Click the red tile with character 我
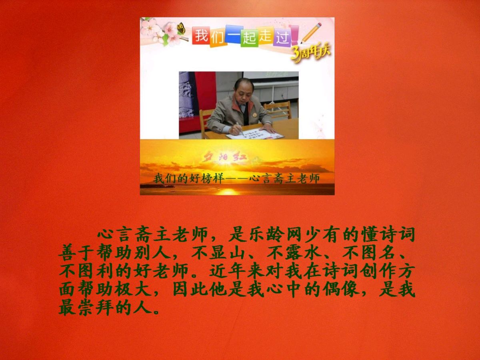pyautogui.click(x=201, y=36)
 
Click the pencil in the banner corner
pyautogui.click(x=311, y=34)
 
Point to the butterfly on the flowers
pyautogui.click(x=181, y=28)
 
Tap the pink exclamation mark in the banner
pyautogui.click(x=295, y=35)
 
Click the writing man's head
pyautogui.click(x=243, y=90)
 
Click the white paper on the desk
pyautogui.click(x=255, y=134)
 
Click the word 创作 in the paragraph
pyautogui.click(x=378, y=272)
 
